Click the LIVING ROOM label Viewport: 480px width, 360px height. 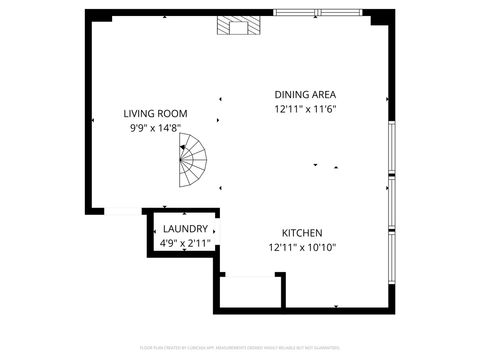coord(155,114)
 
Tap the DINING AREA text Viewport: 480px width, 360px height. coord(305,95)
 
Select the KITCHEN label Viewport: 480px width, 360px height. coord(301,232)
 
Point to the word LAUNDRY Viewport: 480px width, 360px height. coord(185,229)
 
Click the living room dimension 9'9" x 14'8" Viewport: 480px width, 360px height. coord(155,128)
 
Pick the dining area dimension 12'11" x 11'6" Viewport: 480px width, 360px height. coord(305,109)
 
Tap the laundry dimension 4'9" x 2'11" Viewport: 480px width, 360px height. coord(185,243)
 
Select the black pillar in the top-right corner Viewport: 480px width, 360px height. coord(380,17)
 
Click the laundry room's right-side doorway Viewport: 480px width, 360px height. coord(215,235)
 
